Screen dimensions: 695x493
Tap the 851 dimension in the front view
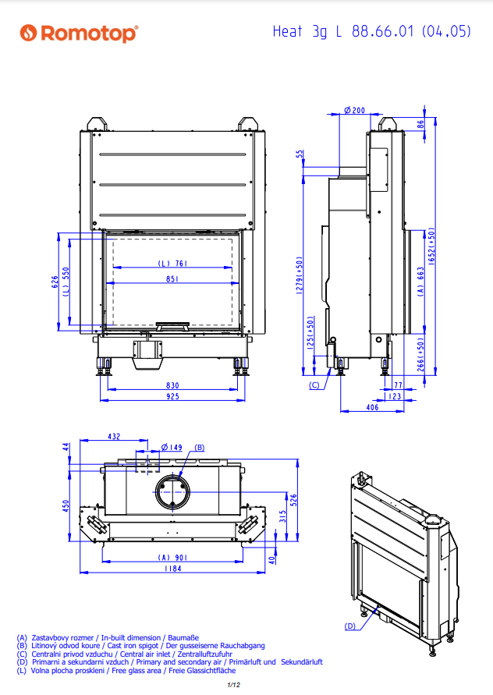click(172, 278)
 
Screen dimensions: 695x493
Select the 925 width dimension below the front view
click(172, 396)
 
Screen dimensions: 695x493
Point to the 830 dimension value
click(172, 385)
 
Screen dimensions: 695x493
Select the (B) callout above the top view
click(199, 447)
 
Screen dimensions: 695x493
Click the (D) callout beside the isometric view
click(350, 626)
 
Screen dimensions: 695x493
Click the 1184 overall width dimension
click(172, 569)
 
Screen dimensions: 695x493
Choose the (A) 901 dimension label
click(172, 557)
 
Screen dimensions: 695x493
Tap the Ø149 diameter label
click(171, 447)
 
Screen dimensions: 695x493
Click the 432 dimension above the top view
click(113, 437)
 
